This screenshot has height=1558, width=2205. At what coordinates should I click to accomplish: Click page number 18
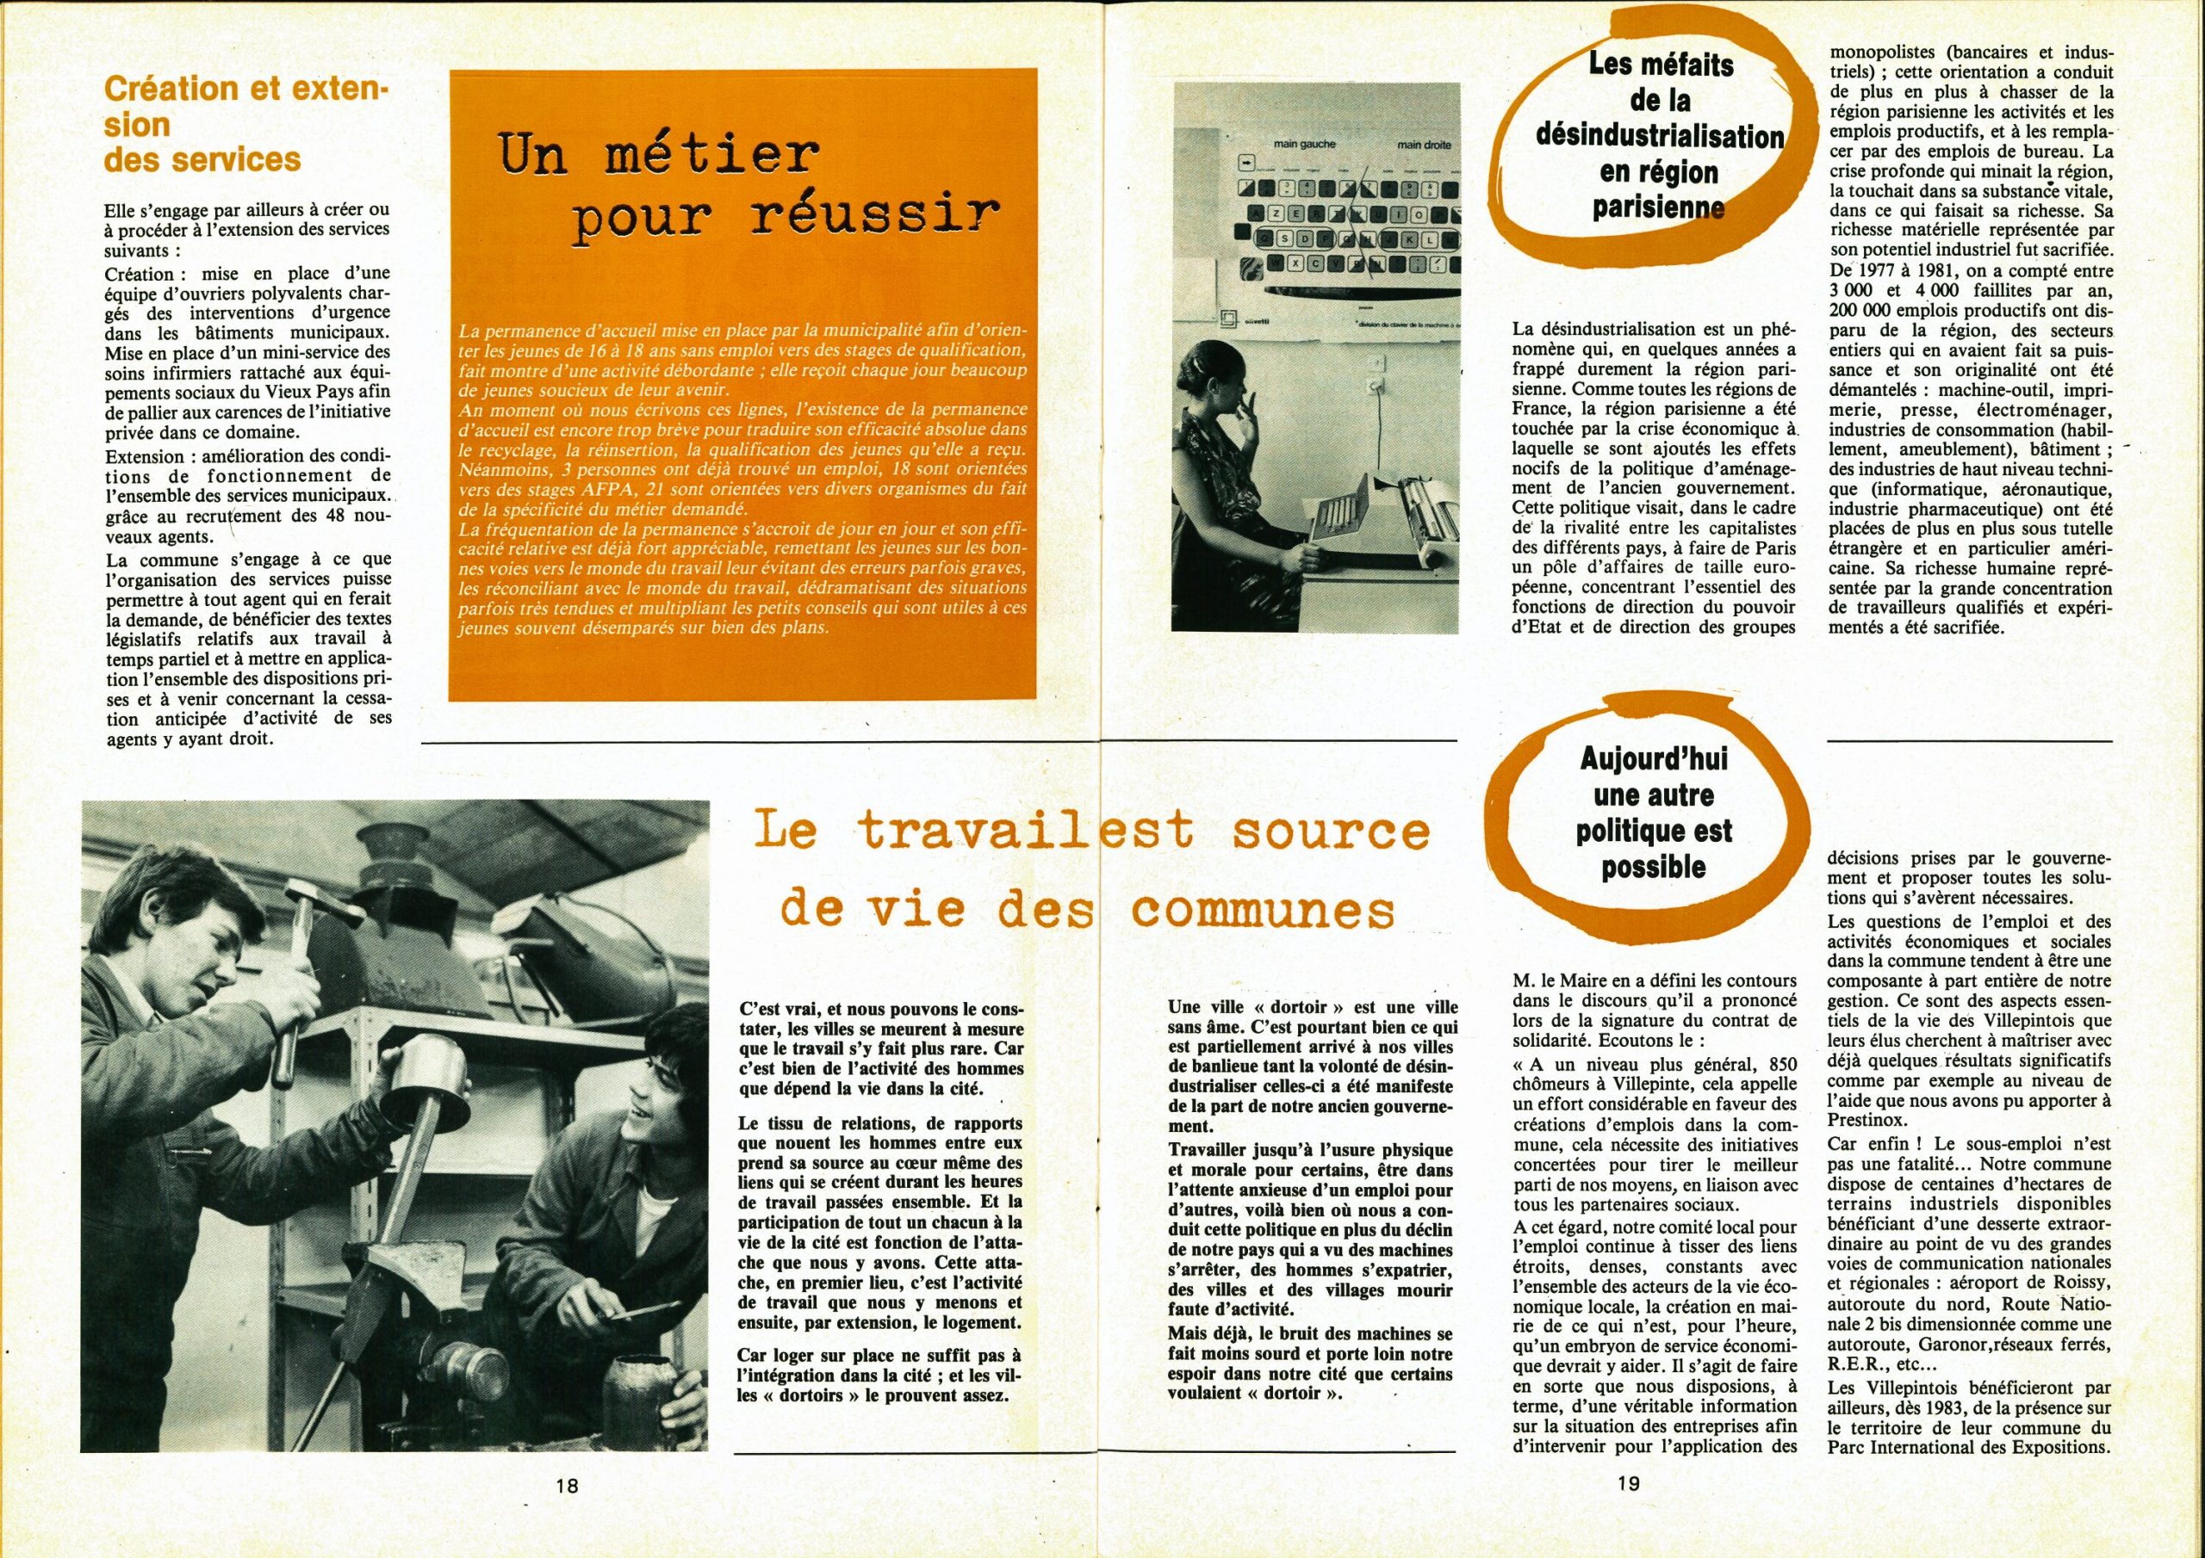coord(567,1512)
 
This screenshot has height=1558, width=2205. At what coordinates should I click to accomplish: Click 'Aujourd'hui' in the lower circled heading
coord(1653,758)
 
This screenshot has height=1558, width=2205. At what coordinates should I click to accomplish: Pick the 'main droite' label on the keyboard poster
coord(1425,145)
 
